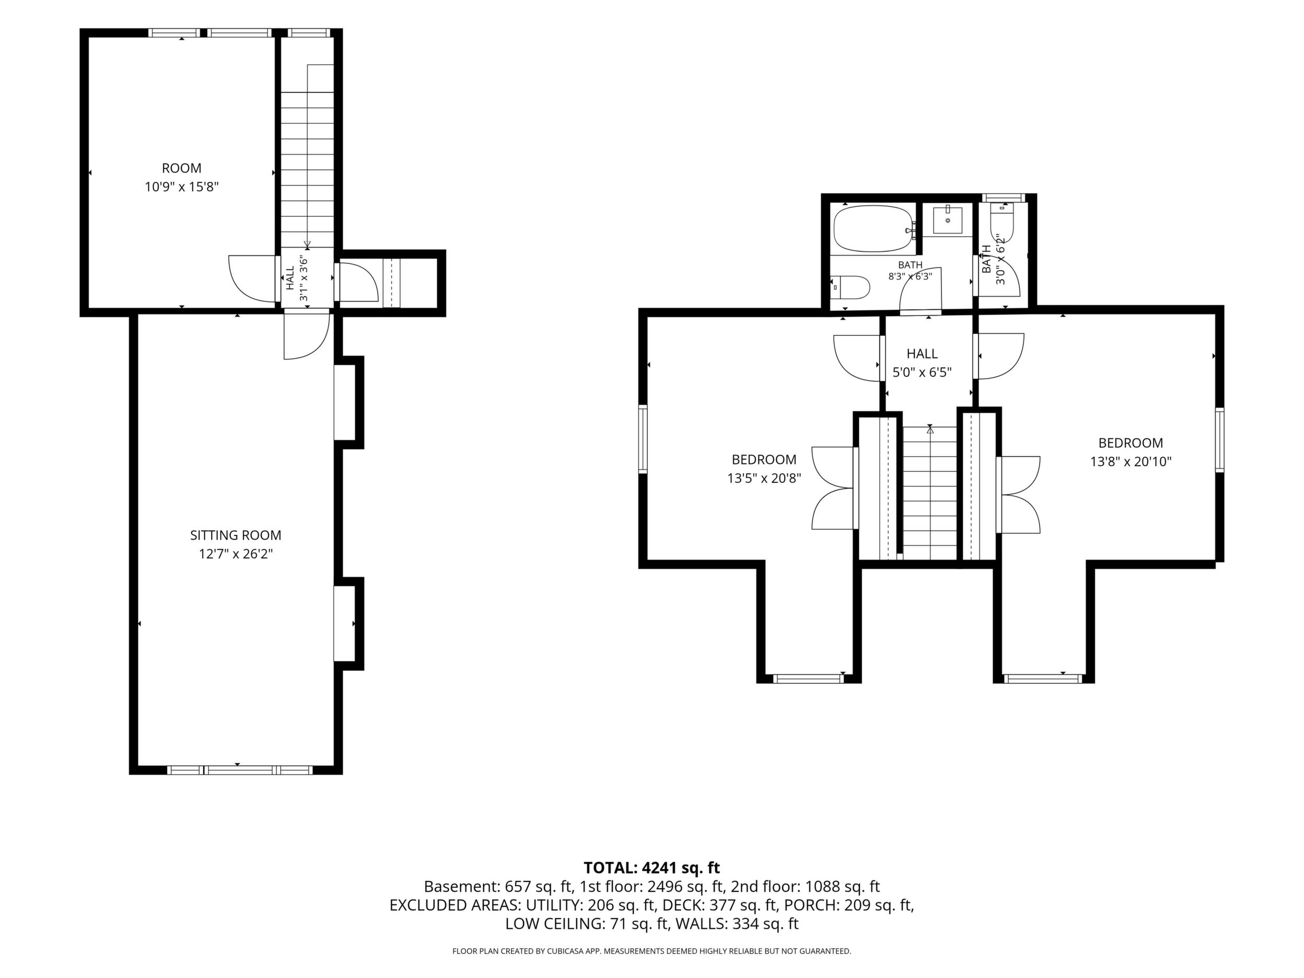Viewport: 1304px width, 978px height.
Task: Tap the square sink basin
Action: [x=948, y=220]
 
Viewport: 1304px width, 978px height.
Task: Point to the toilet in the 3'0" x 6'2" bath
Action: [x=1002, y=221]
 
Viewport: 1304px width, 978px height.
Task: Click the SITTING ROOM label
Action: [x=236, y=535]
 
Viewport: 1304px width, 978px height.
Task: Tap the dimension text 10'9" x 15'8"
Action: [x=182, y=187]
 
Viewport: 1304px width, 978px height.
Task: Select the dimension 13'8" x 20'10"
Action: [x=1131, y=462]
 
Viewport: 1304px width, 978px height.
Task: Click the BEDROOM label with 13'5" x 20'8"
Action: [x=764, y=459]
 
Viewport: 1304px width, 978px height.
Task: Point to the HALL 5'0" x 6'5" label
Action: [x=923, y=363]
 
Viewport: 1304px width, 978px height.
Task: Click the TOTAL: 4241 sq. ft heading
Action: [x=651, y=868]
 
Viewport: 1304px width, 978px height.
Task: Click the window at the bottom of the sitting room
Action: [x=240, y=770]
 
